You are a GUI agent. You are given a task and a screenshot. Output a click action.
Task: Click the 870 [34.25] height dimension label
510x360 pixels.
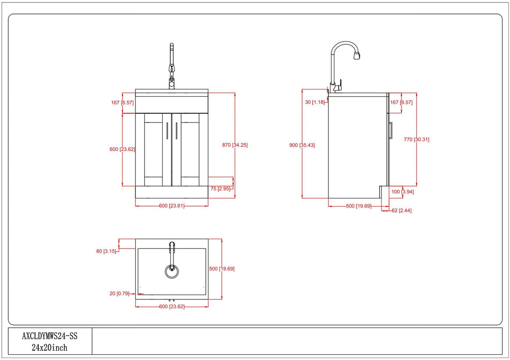[235, 145]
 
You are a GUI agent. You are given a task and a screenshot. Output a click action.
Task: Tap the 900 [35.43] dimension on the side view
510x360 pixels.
[302, 145]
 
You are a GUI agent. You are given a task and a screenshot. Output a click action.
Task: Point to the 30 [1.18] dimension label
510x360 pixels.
[315, 102]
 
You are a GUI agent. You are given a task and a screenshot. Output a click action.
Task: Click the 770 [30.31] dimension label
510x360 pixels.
[416, 139]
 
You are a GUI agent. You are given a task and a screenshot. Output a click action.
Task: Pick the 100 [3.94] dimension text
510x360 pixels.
[402, 192]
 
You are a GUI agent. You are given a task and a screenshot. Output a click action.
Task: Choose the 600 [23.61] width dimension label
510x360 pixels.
[172, 206]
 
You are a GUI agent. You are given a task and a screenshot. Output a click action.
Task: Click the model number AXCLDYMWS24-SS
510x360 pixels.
[49, 337]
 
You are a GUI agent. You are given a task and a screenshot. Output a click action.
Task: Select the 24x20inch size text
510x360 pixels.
[49, 348]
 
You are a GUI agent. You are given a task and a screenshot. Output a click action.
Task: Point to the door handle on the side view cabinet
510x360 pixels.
[392, 131]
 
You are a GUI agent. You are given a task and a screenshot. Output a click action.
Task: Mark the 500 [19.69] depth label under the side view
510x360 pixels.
[358, 206]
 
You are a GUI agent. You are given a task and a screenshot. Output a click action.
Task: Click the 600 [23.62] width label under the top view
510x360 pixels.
[172, 307]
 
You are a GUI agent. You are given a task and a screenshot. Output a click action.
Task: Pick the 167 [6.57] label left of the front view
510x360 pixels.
[122, 102]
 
